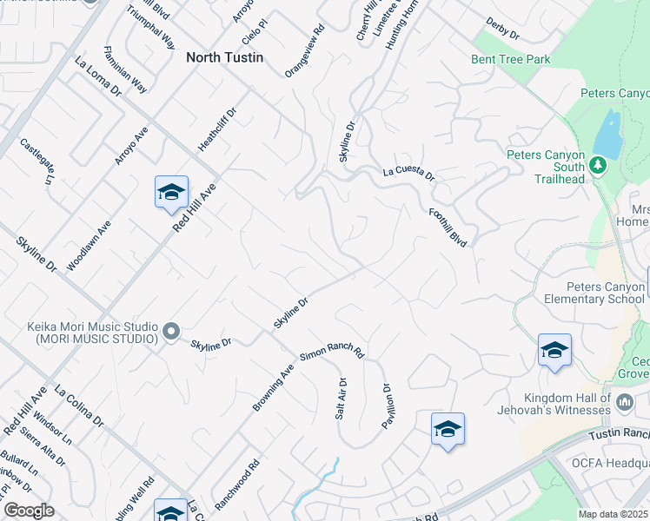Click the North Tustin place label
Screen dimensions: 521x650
224,58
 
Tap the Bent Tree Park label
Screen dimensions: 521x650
511,60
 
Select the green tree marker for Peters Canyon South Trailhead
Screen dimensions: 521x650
597,163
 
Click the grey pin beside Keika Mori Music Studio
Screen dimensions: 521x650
171,330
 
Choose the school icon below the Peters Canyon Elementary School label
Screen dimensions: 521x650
554,350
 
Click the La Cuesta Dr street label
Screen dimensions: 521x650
408,174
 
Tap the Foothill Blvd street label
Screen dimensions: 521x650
448,227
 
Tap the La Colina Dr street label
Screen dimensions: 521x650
79,406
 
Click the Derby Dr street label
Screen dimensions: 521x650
502,29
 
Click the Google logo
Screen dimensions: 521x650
29,511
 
